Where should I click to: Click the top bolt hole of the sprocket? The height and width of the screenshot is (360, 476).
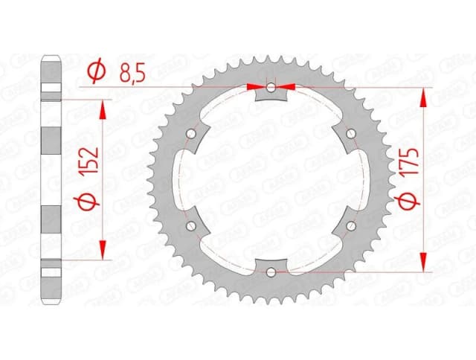pyautogui.click(x=271, y=88)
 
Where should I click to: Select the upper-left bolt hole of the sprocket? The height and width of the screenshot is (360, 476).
pyautogui.click(x=193, y=134)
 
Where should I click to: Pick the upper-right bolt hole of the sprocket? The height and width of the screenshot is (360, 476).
pyautogui.click(x=350, y=134)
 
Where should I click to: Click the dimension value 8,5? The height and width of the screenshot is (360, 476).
pyautogui.click(x=135, y=73)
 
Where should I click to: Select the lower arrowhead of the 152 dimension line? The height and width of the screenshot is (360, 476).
pyautogui.click(x=103, y=252)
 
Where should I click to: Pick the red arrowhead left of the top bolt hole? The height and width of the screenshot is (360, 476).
pyautogui.click(x=255, y=87)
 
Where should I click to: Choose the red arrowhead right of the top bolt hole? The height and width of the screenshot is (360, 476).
pyautogui.click(x=288, y=87)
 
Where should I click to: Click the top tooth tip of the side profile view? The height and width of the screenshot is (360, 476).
pyautogui.click(x=51, y=57)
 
